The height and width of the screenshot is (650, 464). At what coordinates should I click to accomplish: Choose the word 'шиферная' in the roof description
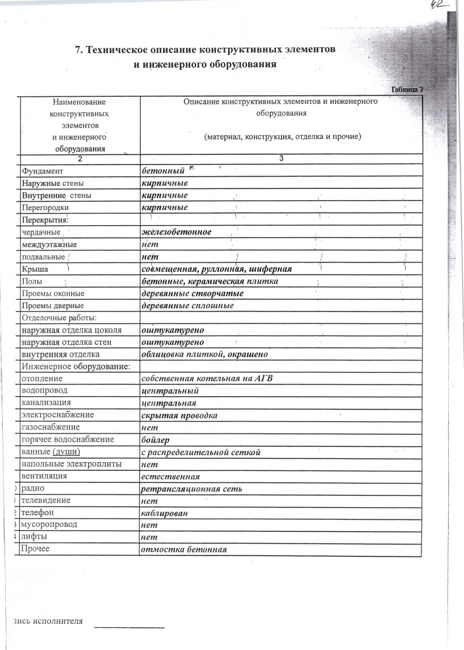coord(272,269)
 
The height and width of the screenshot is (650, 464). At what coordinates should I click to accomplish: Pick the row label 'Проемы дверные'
coord(53,305)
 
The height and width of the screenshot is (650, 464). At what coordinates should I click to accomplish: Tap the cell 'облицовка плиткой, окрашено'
coord(205,354)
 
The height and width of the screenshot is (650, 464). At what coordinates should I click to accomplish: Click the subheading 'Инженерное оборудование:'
coord(75,366)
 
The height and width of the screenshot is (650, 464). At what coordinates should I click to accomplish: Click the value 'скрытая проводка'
coord(180,415)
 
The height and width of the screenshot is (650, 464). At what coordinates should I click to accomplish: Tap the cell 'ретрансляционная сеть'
coord(191,488)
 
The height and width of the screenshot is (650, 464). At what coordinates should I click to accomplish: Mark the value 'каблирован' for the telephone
coord(163,513)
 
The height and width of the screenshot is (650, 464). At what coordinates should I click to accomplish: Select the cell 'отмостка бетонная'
coord(183,550)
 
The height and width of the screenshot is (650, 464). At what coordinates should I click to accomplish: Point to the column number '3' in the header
coord(281,159)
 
